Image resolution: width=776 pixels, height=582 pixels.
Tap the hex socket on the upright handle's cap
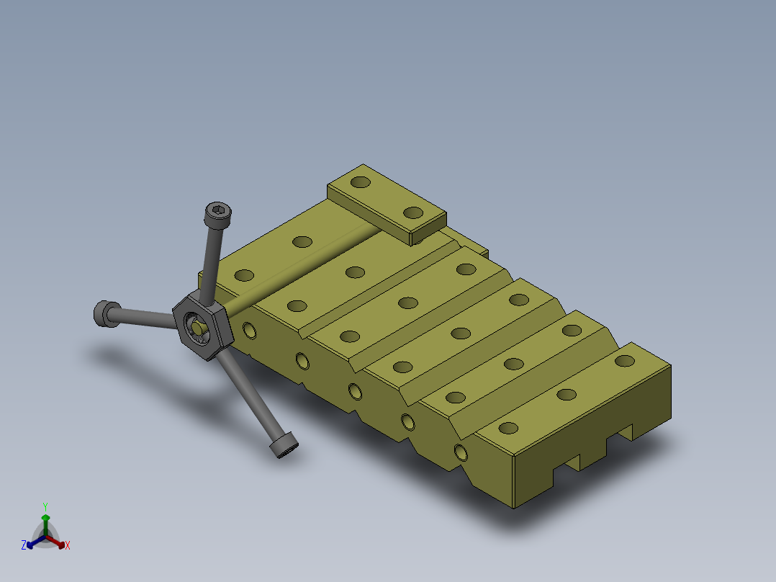pos(218,211)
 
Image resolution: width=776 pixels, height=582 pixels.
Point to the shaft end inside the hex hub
pos(197,328)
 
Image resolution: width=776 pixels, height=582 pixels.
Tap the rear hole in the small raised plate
pos(360,182)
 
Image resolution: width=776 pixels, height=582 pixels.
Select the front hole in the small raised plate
pos(413,213)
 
